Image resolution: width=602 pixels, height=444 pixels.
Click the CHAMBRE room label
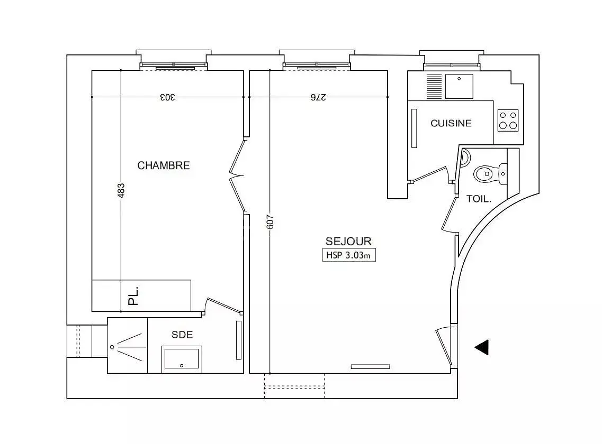click(164, 165)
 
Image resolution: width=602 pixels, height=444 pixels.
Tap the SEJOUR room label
click(348, 241)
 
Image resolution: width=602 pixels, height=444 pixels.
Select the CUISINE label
click(451, 123)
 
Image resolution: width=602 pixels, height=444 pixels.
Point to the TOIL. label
click(479, 199)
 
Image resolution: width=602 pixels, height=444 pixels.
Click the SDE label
click(182, 335)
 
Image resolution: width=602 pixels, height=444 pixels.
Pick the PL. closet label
click(133, 295)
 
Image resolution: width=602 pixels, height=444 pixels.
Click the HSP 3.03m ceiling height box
click(349, 255)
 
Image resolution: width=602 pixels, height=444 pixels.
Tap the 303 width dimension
click(167, 97)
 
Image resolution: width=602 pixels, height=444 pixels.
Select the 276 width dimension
click(318, 97)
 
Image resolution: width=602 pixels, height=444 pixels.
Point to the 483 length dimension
click(121, 191)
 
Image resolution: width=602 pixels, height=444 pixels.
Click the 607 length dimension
click(270, 221)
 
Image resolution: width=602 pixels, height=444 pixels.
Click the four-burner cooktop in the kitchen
click(508, 121)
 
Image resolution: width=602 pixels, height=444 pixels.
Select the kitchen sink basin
click(459, 86)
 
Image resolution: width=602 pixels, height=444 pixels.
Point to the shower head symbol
click(112, 347)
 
